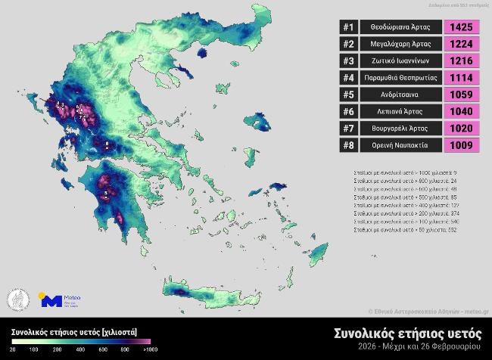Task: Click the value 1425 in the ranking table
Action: [x=461, y=27]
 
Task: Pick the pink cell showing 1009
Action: [x=461, y=145]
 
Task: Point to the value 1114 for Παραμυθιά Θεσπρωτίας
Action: [x=461, y=78]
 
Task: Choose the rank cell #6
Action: [x=348, y=112]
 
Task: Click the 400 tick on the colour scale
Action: [x=79, y=350]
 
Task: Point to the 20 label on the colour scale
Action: [x=13, y=350]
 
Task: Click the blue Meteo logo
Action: [x=51, y=300]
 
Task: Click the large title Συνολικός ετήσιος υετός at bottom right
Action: [x=407, y=333]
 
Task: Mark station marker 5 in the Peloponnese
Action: [x=105, y=194]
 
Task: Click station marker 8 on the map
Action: [x=107, y=143]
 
